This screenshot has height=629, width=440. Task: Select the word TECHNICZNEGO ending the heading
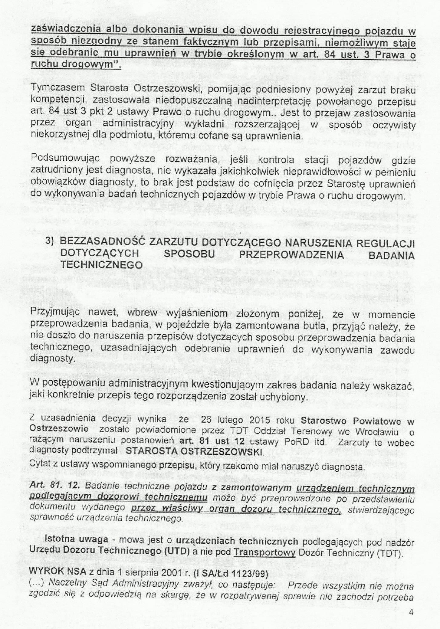[x=101, y=265]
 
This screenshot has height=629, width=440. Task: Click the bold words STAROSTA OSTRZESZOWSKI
[x=194, y=452]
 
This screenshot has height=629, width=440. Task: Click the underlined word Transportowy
[x=264, y=553]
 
